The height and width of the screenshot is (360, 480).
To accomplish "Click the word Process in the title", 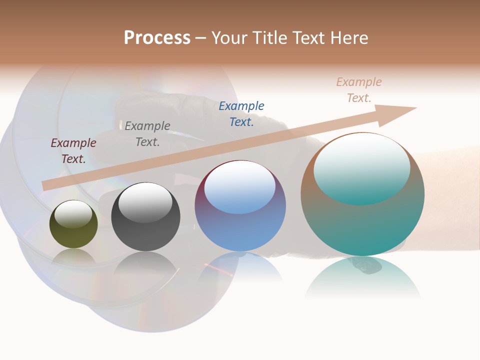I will pyautogui.click(x=157, y=38).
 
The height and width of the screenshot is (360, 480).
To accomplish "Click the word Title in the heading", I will pyautogui.click(x=270, y=38).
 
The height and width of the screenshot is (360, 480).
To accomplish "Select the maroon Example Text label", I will pyautogui.click(x=73, y=150).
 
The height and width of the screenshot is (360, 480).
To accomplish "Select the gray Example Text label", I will pyautogui.click(x=147, y=133).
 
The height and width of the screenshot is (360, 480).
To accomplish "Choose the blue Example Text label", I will pyautogui.click(x=241, y=113).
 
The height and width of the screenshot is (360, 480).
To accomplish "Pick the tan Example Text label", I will pyautogui.click(x=359, y=89).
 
